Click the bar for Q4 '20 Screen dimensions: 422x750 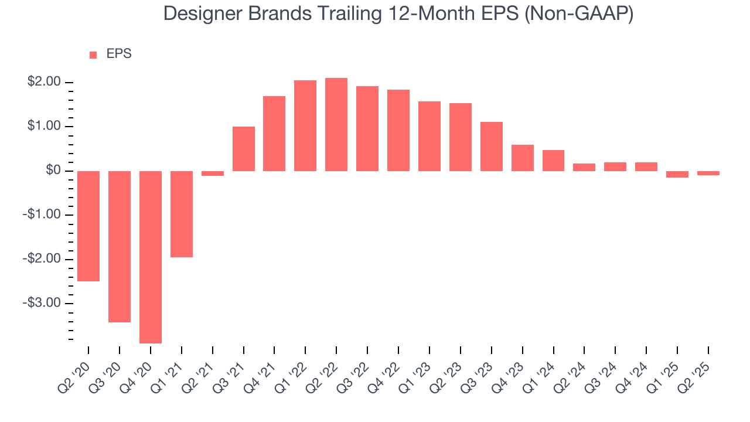(x=151, y=257)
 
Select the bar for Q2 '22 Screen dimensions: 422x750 (x=336, y=124)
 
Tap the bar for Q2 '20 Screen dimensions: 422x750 (x=88, y=226)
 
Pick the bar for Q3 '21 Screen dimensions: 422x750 (x=244, y=149)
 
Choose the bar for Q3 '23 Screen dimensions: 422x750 (x=492, y=147)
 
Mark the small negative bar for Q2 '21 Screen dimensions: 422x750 (x=213, y=173)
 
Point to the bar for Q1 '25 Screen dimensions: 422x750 (x=677, y=174)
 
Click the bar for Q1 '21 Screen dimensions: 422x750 (x=182, y=214)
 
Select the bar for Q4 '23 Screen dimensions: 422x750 (x=523, y=158)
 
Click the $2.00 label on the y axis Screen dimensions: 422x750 (x=44, y=82)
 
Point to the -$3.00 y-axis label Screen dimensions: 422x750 (x=42, y=304)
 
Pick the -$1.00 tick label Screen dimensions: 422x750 (x=42, y=215)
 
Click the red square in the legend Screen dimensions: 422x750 (x=93, y=55)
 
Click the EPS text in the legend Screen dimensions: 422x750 (x=119, y=54)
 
